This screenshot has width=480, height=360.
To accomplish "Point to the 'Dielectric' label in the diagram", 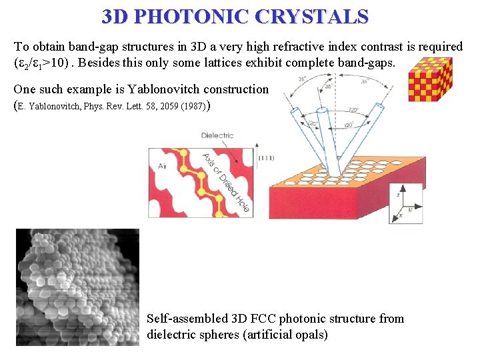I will [217, 135].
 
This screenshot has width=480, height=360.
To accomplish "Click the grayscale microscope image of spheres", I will [77, 287].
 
